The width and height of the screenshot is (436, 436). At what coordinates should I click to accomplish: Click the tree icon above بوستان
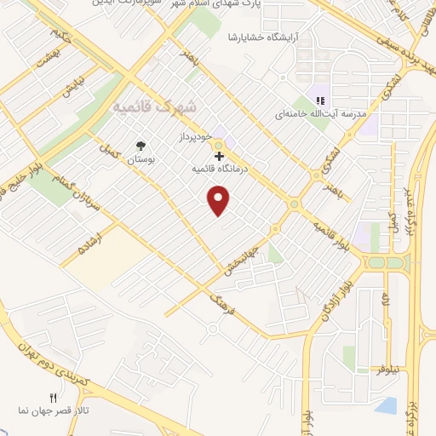point(140,145)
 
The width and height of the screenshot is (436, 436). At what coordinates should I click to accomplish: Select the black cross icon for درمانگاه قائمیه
point(220,156)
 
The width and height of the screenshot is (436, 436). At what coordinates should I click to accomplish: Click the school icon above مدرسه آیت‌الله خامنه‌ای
point(320,99)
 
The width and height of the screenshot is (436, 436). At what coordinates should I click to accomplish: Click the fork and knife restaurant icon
point(53,398)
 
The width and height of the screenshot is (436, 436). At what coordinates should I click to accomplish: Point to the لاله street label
point(385,300)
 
